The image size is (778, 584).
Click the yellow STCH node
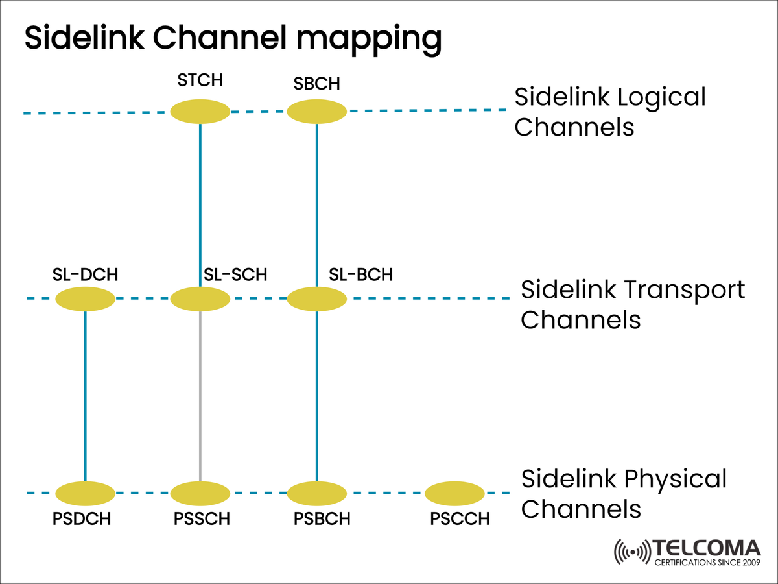tap(200, 112)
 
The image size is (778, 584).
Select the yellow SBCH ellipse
tap(317, 112)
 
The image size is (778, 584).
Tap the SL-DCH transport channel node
tap(86, 299)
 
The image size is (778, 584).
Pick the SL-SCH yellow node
tap(200, 299)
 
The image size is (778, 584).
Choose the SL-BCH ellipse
tap(317, 299)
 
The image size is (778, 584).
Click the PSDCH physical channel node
tap(86, 494)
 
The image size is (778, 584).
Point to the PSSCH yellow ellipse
tap(200, 494)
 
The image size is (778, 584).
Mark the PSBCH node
tap(317, 494)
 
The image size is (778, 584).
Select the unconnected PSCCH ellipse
tap(455, 494)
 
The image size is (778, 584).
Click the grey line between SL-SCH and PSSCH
tap(200, 396)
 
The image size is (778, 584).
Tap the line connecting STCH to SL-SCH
tap(200, 204)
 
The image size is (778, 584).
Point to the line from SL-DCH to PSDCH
tap(86, 396)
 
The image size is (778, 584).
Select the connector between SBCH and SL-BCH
tap(317, 204)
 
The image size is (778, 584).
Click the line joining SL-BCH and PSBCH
tap(317, 396)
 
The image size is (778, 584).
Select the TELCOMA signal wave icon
tap(630, 552)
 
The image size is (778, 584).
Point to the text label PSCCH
tap(460, 519)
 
